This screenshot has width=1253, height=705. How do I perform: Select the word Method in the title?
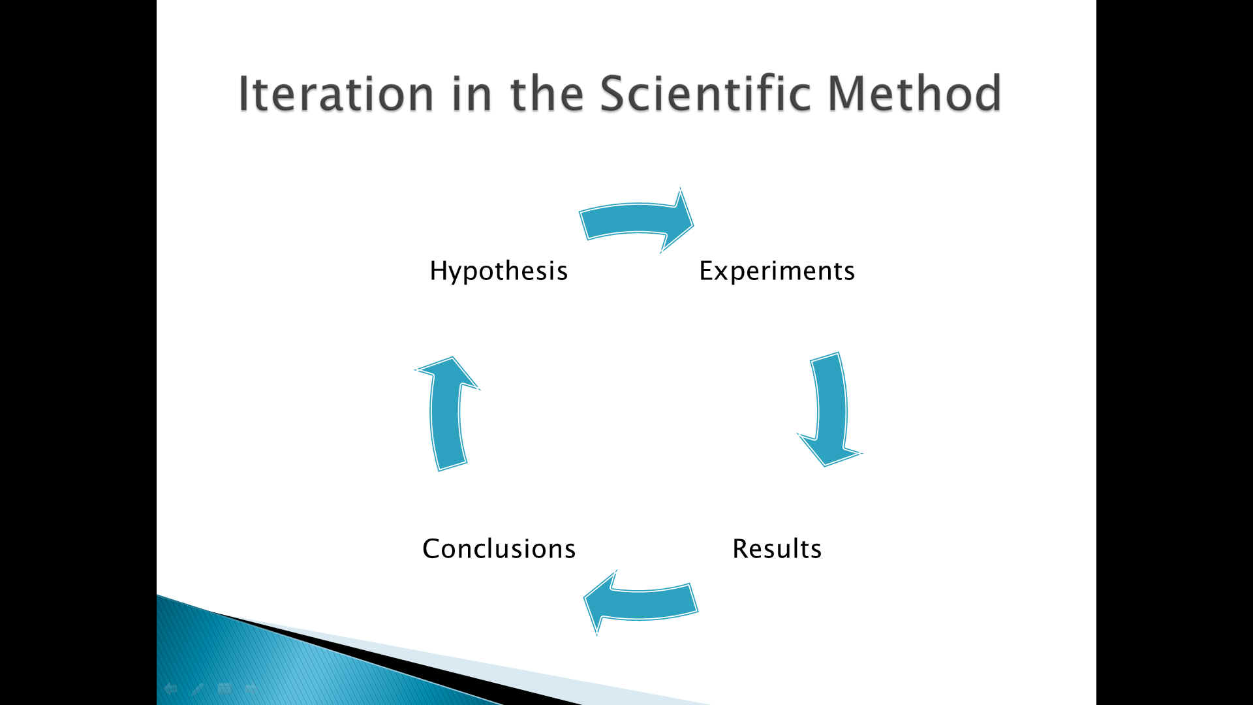point(914,93)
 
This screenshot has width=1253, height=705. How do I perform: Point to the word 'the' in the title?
point(546,93)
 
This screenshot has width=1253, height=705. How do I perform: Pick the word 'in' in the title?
point(471,93)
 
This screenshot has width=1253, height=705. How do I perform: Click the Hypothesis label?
point(499,271)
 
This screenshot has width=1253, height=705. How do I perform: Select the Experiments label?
point(777,271)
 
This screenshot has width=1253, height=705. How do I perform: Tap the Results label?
point(777,549)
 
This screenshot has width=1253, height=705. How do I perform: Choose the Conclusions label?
point(499,549)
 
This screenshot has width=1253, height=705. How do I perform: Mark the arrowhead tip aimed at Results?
point(826,466)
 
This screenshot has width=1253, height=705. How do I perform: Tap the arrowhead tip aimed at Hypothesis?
point(452,357)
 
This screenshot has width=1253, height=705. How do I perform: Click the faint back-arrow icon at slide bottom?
point(171,688)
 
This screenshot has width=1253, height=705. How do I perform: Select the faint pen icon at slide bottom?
point(198,688)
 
